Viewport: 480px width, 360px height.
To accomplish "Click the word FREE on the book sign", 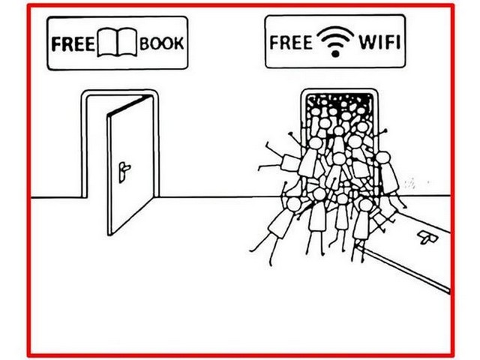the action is (x=73, y=43).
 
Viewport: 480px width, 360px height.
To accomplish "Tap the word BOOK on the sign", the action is (x=162, y=43).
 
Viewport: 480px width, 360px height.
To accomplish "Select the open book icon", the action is (x=117, y=42).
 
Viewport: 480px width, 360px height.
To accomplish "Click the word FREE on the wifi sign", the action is (x=291, y=42).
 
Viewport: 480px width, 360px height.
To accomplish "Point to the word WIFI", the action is (x=379, y=42).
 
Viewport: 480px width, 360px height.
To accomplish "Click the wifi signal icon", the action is (x=335, y=41).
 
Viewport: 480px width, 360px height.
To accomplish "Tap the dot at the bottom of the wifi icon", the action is (x=335, y=54).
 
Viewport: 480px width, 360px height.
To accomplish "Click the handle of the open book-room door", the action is (x=124, y=172).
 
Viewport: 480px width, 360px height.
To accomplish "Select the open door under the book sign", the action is (x=130, y=165).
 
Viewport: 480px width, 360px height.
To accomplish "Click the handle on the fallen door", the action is (x=427, y=237).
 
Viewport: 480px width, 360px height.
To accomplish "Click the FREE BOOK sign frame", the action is (x=117, y=18).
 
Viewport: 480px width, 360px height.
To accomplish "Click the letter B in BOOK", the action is (x=145, y=43).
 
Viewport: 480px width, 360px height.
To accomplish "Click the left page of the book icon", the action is (x=107, y=42).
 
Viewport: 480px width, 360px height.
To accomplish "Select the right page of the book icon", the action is (x=127, y=42).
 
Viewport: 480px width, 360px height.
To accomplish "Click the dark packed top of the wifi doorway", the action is (x=340, y=101).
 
